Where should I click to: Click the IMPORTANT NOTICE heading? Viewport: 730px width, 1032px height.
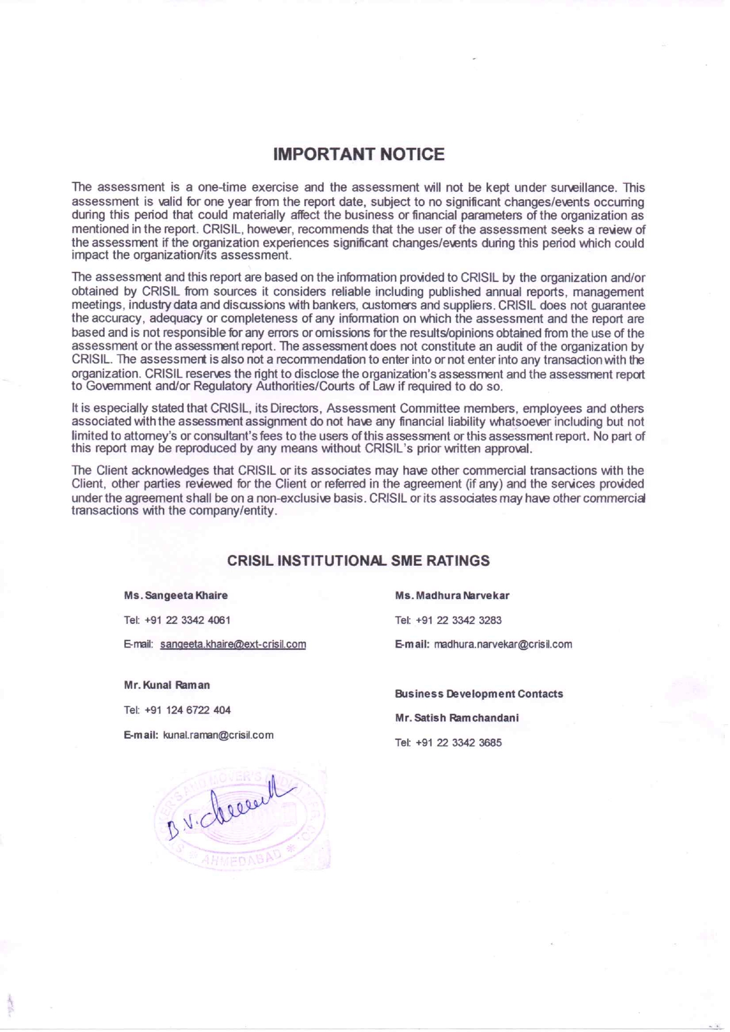coord(359,155)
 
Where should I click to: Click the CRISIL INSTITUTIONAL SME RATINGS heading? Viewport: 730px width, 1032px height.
coord(359,560)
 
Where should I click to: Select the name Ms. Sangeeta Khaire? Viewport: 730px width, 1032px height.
coord(175,595)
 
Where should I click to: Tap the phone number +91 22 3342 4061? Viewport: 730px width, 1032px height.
coord(187,620)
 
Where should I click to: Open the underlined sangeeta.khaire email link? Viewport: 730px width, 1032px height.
coord(233,644)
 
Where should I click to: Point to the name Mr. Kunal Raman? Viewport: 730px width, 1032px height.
coord(167,685)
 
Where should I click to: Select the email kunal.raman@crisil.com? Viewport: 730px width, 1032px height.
coord(218,735)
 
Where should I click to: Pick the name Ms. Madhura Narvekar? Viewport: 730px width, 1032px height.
coord(452,595)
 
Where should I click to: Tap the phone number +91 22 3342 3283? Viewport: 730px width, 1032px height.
coord(459,620)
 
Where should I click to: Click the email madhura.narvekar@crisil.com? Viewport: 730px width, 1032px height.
coord(503,644)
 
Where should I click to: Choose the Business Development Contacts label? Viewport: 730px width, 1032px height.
coord(479,693)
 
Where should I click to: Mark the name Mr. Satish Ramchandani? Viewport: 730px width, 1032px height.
coord(457,718)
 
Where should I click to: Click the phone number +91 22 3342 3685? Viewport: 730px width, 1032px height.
coord(459,743)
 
